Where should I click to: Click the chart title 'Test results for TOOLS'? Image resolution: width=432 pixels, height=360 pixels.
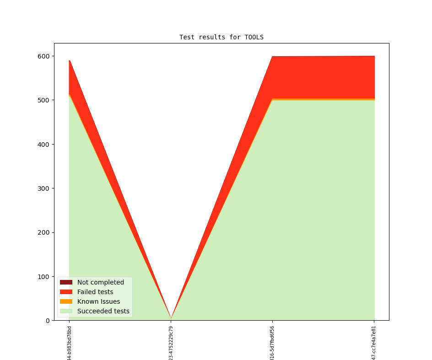coord(221,37)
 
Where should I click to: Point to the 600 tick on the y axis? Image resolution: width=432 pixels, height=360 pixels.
coord(44,56)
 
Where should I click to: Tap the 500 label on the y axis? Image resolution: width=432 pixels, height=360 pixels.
coord(44,100)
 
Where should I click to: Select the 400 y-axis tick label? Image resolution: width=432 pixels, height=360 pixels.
coord(44,145)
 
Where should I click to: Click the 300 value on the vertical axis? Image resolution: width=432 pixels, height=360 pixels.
coord(44,188)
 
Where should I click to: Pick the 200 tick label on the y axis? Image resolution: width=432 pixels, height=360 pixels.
coord(44,232)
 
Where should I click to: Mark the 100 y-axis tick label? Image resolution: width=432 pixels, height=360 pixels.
coord(44,277)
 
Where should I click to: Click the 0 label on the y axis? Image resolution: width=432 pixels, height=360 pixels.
coord(48,321)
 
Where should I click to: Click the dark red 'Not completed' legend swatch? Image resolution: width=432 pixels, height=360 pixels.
coord(66,282)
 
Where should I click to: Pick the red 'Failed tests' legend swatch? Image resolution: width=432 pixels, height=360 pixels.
coord(66,292)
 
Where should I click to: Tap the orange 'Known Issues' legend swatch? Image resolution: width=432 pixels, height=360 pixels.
coord(66,301)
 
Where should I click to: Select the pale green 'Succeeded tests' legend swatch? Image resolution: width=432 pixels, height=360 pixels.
coord(66,311)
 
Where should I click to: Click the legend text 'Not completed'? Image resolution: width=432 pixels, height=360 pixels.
coord(101,282)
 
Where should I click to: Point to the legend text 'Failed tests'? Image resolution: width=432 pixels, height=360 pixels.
coord(95,292)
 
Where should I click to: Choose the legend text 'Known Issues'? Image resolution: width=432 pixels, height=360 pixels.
coord(98,301)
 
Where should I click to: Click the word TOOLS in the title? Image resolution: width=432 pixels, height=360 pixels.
coord(254,37)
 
